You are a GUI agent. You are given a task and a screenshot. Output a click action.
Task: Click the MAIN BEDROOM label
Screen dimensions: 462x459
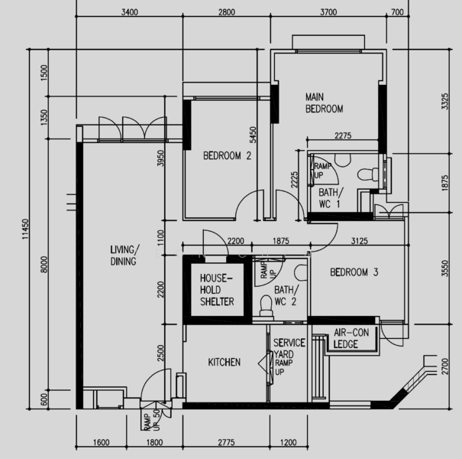point(324,103)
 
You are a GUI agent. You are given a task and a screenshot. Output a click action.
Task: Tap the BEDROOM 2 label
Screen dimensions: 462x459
point(227,155)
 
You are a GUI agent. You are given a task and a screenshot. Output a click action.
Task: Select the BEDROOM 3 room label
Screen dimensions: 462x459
point(354,272)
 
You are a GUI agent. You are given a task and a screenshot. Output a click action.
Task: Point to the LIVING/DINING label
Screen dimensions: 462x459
point(124,256)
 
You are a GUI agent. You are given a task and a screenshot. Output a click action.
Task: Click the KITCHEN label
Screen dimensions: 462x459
point(225,362)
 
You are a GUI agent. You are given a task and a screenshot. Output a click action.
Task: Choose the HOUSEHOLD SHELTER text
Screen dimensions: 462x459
point(217,290)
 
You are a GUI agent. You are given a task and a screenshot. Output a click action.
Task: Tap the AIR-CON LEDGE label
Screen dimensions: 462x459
point(351,338)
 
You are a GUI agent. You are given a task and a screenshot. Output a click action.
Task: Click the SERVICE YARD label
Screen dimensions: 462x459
point(289,348)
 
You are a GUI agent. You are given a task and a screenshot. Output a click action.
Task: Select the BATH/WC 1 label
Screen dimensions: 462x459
point(331,198)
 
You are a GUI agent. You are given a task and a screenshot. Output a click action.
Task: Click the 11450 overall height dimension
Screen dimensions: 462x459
point(26,229)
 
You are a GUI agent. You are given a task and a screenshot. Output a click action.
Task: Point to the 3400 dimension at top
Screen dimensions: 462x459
point(130,12)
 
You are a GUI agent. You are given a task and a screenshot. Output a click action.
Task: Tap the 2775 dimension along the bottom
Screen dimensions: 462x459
point(226,442)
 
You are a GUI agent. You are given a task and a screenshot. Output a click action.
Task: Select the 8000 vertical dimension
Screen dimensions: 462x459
point(44,265)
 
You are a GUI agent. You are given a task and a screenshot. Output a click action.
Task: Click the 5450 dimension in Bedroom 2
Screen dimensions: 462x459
point(253,135)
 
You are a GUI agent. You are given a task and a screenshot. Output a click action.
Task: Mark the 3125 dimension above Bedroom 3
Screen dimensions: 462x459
point(360,241)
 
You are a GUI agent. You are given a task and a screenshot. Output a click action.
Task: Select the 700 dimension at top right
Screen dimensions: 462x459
point(397,12)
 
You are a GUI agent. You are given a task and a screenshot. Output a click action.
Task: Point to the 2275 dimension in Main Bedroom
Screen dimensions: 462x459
point(343,135)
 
